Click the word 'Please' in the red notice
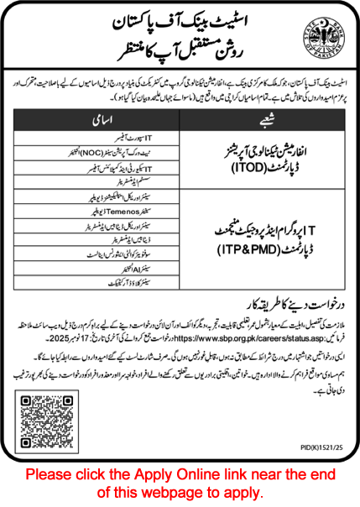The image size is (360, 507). coord(50,474)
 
